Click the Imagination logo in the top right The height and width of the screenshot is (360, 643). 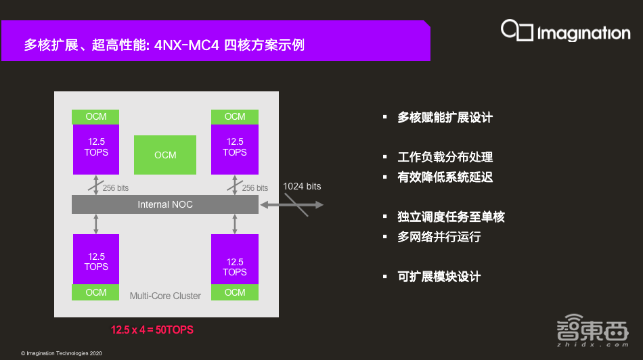(x=565, y=31)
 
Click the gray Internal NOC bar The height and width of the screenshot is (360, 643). (x=165, y=204)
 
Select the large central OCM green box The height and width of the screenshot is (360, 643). (x=165, y=155)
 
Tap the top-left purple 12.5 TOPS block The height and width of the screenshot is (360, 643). (x=96, y=148)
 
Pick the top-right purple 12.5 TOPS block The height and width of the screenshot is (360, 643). (x=235, y=148)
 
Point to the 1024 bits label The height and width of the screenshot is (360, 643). (x=302, y=186)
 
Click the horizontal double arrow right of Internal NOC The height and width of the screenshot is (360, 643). (x=292, y=204)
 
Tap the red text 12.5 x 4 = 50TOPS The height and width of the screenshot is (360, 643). (x=152, y=330)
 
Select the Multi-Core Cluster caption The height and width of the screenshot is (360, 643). (x=165, y=296)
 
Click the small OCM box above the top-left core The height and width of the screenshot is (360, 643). (x=96, y=116)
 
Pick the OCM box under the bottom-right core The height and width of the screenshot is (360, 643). (x=235, y=292)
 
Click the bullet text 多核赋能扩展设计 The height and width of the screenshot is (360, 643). (x=445, y=117)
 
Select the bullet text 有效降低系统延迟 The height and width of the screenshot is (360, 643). (x=445, y=177)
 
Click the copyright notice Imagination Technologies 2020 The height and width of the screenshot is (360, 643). (x=62, y=353)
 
